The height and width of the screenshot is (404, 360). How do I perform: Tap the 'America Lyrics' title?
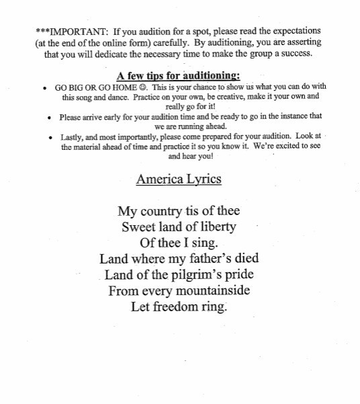pyautogui.click(x=179, y=179)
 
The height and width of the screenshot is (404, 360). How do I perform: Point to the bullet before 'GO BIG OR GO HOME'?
pyautogui.click(x=44, y=88)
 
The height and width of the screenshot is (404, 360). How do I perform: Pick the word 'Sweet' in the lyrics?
pyautogui.click(x=138, y=228)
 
